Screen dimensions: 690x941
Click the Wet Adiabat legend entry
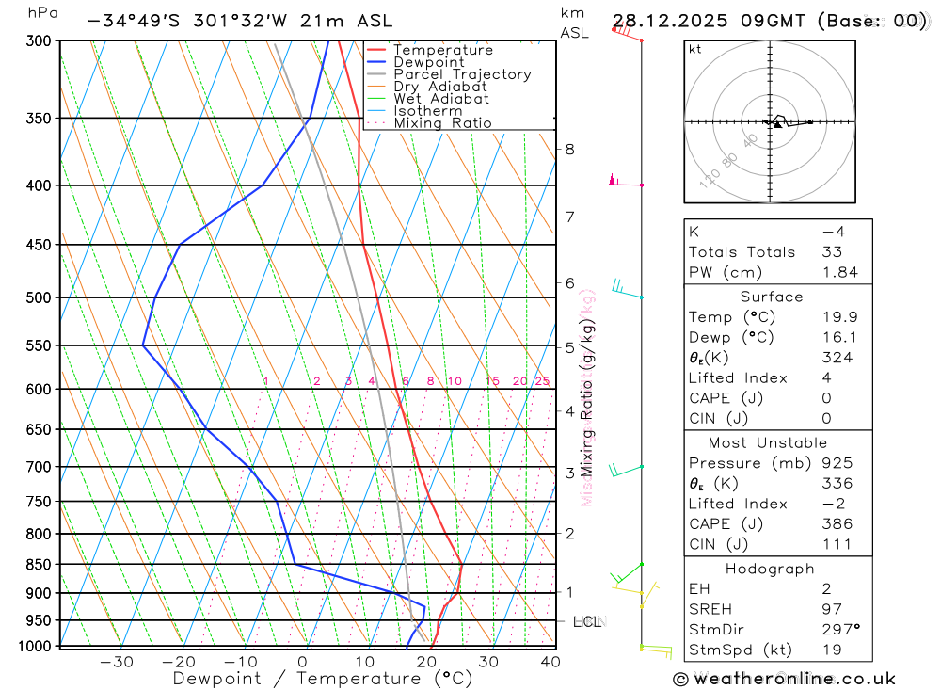click(440, 99)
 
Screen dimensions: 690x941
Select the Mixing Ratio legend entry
click(442, 123)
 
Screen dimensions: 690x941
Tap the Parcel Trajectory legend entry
click(461, 74)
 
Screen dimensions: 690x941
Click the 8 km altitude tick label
click(569, 149)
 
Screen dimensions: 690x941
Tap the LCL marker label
click(587, 621)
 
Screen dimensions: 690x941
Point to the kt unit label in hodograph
click(695, 49)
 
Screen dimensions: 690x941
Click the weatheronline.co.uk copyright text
click(784, 679)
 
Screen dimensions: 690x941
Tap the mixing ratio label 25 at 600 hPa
click(542, 381)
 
